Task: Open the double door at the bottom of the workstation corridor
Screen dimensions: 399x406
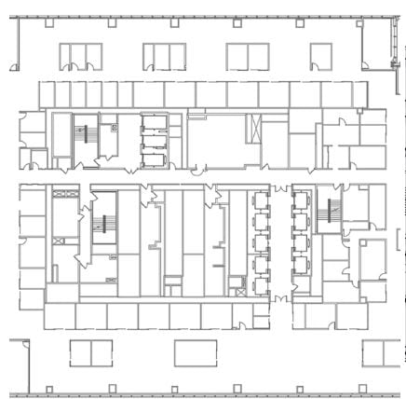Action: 280,297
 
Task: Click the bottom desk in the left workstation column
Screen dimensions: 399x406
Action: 260,279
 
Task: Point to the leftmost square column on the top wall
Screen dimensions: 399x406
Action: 47,23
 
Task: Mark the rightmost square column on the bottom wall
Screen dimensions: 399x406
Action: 363,389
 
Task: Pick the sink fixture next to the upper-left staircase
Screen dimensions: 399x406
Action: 114,128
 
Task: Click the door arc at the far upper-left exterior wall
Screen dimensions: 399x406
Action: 13,65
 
